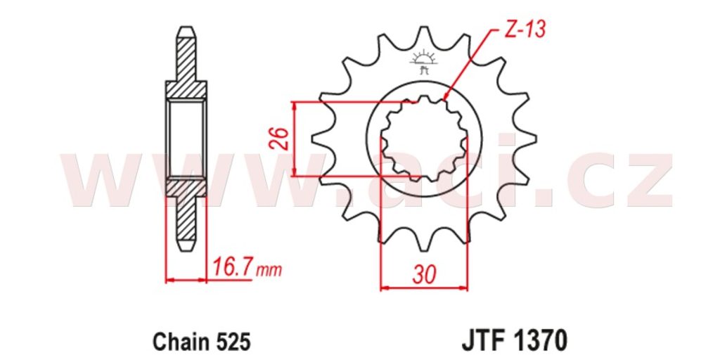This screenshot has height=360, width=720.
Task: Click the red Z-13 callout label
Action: [x=525, y=30]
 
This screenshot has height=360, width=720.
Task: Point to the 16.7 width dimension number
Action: [x=231, y=269]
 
